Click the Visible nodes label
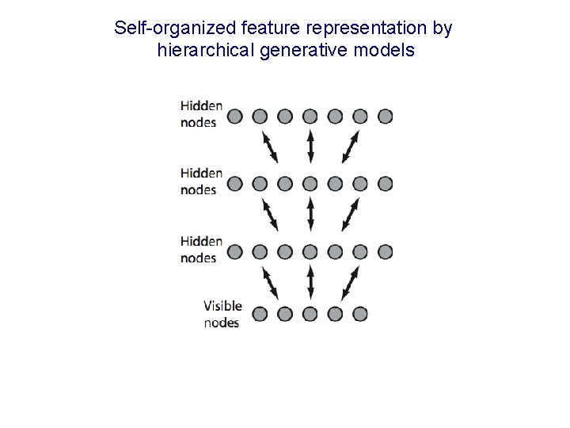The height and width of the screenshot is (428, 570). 222,314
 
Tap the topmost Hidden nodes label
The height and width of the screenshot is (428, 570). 201,113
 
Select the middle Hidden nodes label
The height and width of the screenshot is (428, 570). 201,182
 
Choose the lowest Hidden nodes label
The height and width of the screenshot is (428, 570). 201,249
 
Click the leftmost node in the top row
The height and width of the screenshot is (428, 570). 234,117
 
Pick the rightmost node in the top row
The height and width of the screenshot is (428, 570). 386,117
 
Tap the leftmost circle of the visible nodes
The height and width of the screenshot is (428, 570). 260,313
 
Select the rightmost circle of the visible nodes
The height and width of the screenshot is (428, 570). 360,313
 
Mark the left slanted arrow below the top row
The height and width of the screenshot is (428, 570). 270,148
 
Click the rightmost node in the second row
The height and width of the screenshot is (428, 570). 386,184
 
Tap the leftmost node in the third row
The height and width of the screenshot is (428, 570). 234,252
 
